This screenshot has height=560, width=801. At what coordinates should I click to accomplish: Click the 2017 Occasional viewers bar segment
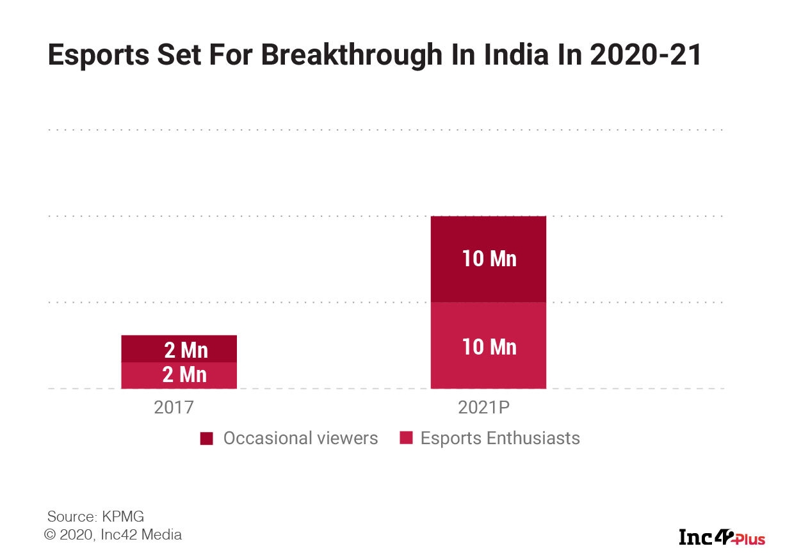179,349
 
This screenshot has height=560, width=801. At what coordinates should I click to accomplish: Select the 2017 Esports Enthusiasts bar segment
179,376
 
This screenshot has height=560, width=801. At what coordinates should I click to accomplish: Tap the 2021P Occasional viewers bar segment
488,259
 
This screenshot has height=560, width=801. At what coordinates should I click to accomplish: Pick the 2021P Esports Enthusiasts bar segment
488,346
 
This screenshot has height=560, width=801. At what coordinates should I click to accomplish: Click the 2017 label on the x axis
173,408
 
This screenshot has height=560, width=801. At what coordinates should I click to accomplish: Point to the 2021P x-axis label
488,408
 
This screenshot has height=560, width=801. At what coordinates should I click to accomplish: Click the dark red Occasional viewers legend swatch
207,439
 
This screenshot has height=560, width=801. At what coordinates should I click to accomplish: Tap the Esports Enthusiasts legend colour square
405,439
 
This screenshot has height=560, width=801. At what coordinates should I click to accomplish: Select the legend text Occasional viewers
300,438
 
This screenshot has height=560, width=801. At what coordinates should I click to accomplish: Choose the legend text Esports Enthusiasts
500,438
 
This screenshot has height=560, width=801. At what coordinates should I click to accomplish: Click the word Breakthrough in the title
352,56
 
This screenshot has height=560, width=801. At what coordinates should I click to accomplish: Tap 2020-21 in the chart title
645,56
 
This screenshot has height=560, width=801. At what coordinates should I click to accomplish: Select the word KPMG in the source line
128,516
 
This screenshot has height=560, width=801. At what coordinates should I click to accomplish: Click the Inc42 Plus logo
722,537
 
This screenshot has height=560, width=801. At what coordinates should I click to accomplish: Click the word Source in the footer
70,516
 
